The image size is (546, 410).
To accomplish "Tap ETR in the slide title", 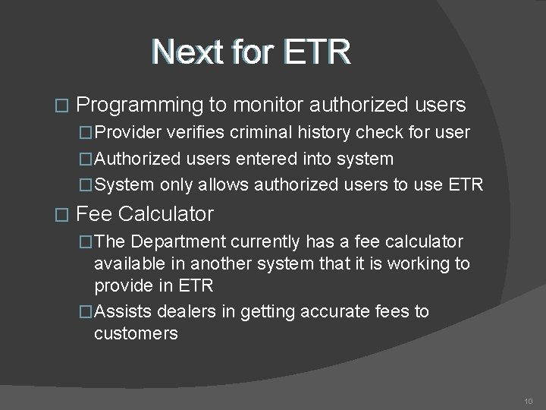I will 316,52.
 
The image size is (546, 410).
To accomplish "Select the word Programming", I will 144,104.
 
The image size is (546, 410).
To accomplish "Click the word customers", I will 136,333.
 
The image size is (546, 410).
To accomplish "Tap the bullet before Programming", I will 64,105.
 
